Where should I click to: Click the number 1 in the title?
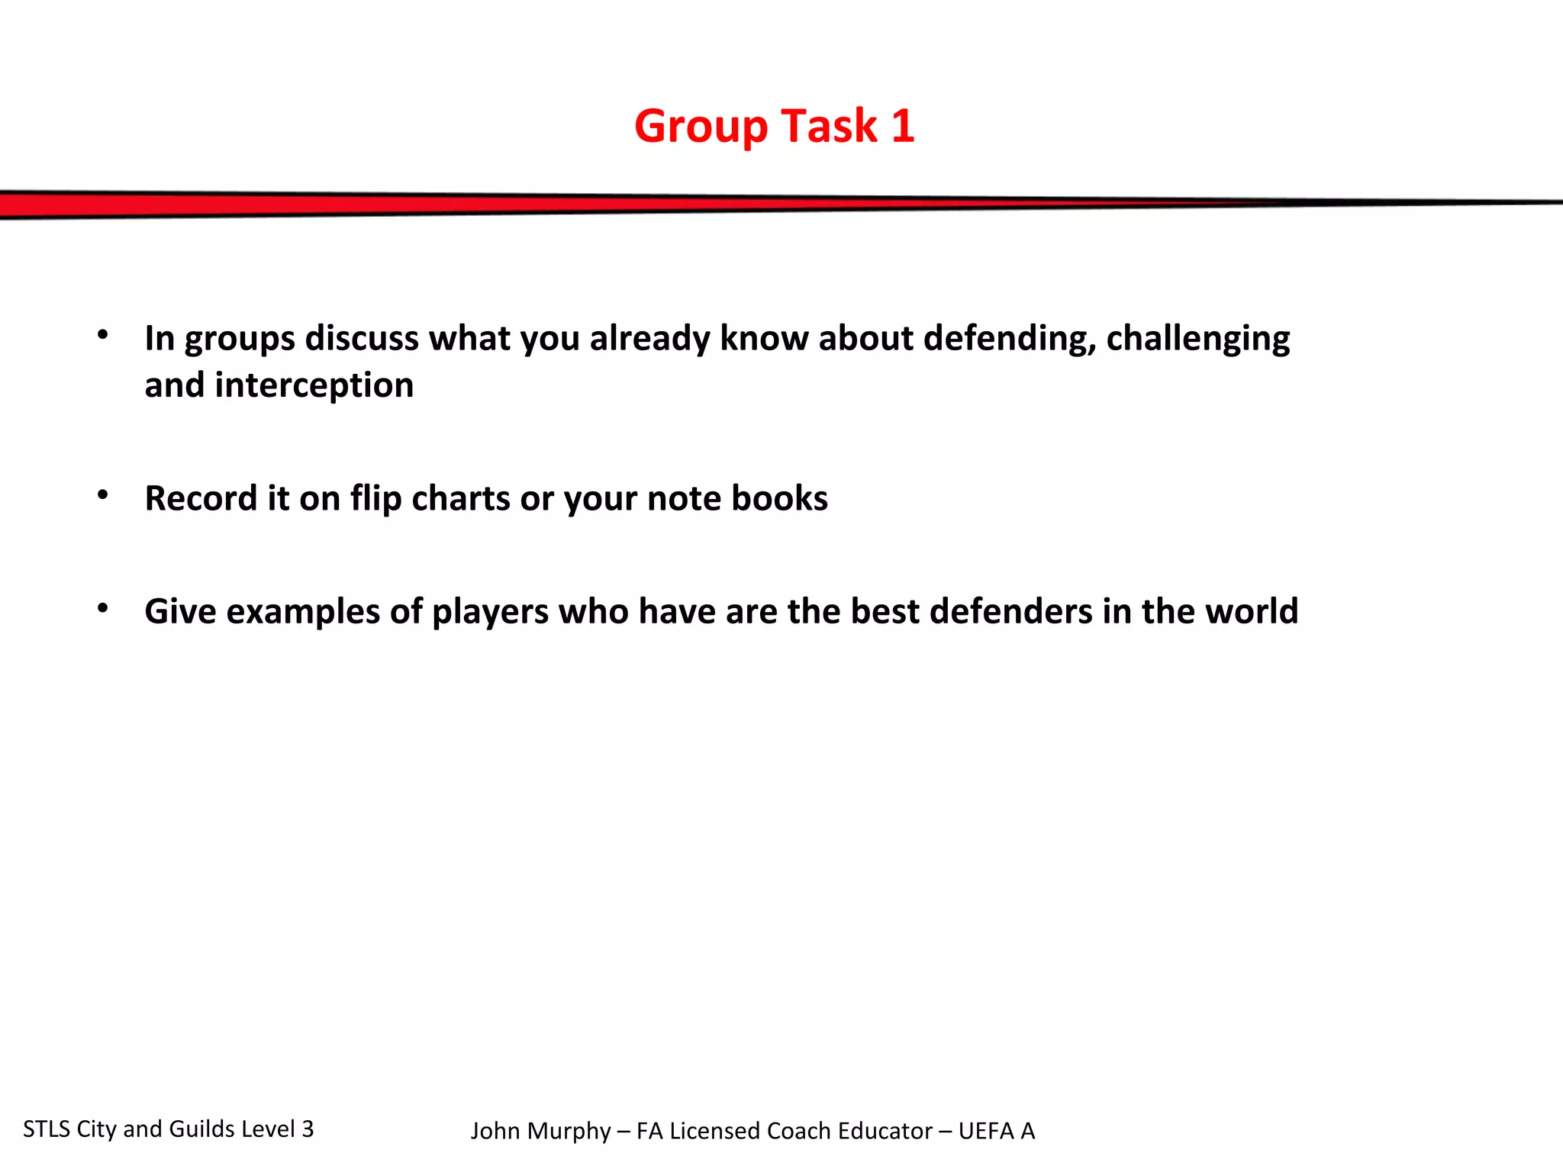coord(902,126)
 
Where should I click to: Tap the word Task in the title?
coord(829,126)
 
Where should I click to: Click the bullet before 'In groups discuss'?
coord(103,334)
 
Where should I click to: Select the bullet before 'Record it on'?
coord(103,495)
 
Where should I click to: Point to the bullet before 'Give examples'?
coord(103,608)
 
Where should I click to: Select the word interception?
coord(314,386)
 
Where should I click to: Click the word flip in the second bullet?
coord(375,499)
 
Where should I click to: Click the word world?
coord(1251,612)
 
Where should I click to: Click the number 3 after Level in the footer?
coord(308,1129)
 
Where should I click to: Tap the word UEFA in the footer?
coord(985,1132)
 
